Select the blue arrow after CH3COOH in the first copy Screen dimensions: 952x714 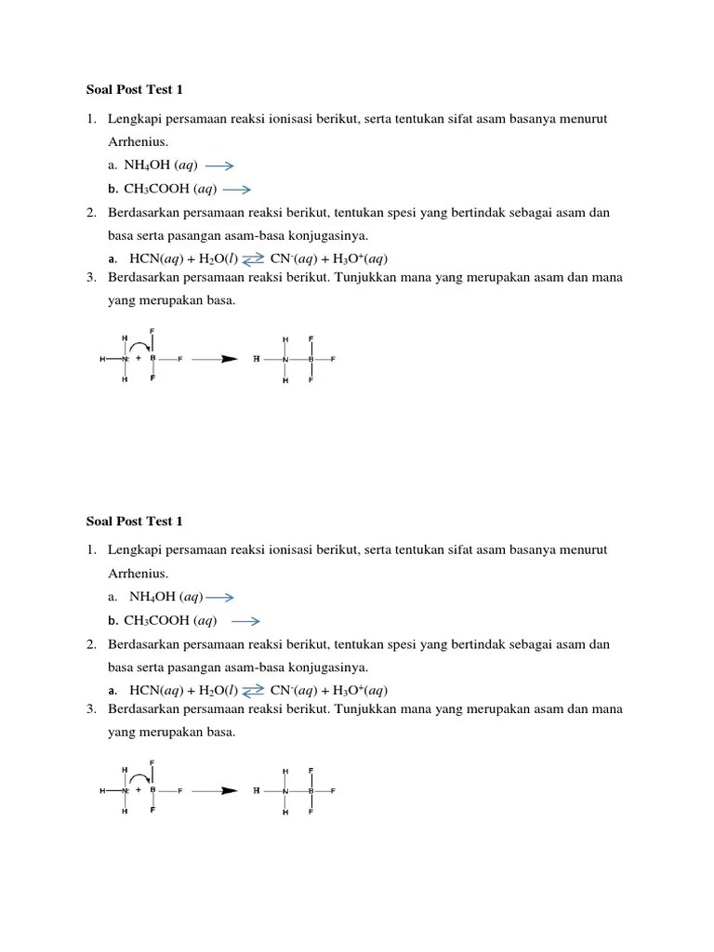point(237,190)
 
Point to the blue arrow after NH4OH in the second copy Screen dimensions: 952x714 point(218,597)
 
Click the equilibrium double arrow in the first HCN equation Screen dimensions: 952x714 point(253,258)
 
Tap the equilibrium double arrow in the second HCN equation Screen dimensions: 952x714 point(253,690)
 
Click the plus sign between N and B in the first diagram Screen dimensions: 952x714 point(139,359)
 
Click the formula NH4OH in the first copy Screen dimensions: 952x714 point(143,166)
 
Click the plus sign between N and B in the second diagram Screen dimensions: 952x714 point(139,790)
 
